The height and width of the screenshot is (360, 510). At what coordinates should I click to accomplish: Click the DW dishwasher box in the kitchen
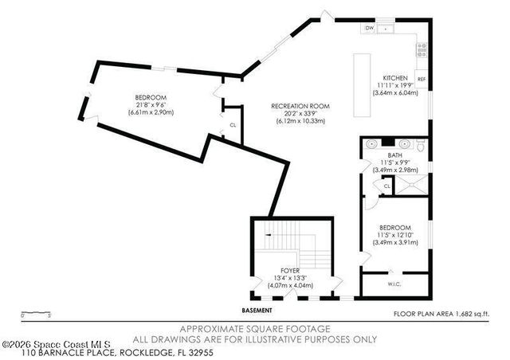coord(369,29)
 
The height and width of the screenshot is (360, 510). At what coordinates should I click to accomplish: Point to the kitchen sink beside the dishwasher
coord(386,29)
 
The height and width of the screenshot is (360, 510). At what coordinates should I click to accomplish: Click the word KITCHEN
coord(394,77)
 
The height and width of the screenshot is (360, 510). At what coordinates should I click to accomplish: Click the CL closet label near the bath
coord(386,186)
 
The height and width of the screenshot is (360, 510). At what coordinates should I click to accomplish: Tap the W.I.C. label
coord(394,283)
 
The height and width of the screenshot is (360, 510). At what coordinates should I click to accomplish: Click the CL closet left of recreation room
coord(233,125)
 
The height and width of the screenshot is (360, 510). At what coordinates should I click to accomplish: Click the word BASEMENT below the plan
coord(257,310)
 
